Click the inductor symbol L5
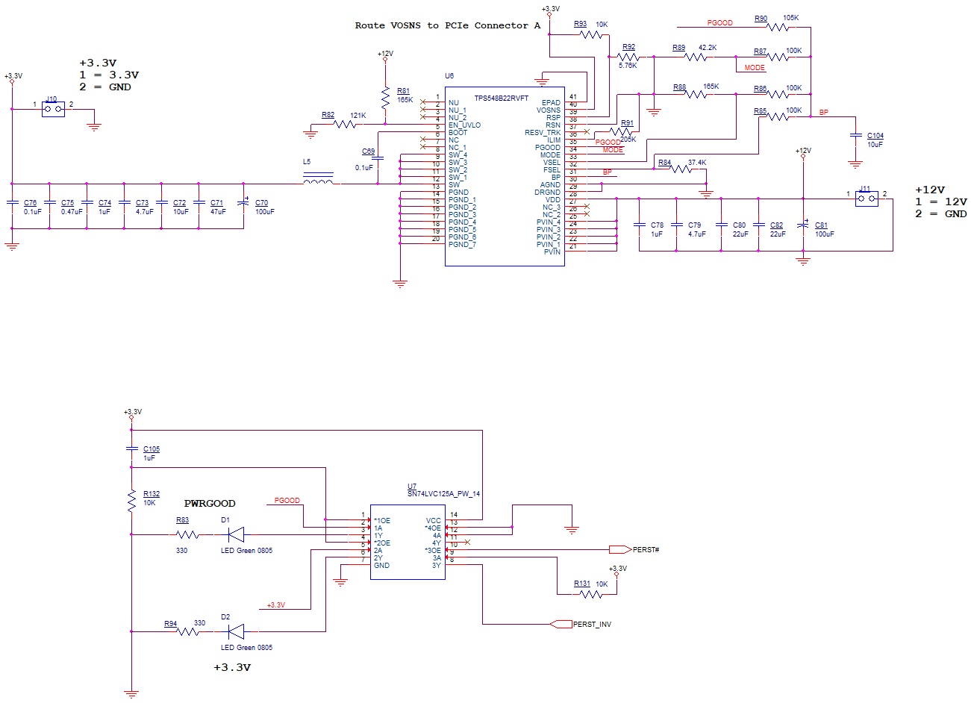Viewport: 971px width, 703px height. click(x=319, y=180)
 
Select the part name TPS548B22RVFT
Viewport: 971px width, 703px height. click(x=502, y=99)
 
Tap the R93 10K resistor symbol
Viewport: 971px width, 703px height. click(x=590, y=34)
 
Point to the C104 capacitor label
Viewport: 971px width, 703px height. click(x=875, y=136)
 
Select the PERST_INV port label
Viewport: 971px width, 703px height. click(x=592, y=624)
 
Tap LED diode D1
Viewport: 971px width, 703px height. click(x=236, y=534)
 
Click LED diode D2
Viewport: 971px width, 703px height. click(x=236, y=631)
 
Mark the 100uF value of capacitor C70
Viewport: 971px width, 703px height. click(x=264, y=212)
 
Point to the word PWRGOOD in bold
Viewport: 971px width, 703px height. click(x=210, y=504)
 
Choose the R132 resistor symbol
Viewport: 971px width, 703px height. click(x=131, y=502)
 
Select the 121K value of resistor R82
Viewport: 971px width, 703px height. click(x=358, y=116)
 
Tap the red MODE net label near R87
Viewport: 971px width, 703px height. click(x=755, y=68)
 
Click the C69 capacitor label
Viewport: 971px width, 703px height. click(x=368, y=151)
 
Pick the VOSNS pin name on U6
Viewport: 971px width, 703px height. click(x=549, y=110)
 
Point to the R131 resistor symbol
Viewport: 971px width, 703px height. click(x=590, y=594)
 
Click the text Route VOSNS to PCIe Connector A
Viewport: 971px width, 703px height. click(x=447, y=25)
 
